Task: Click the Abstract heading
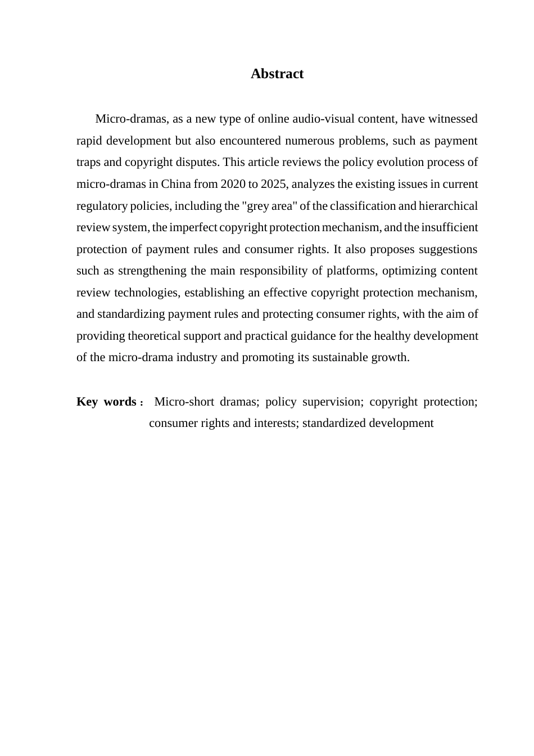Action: [x=277, y=74]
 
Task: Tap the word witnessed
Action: [x=452, y=119]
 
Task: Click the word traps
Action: [x=88, y=162]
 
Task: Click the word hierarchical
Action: [x=448, y=206]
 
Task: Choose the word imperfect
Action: [x=193, y=227]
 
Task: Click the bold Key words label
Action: [x=106, y=402]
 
